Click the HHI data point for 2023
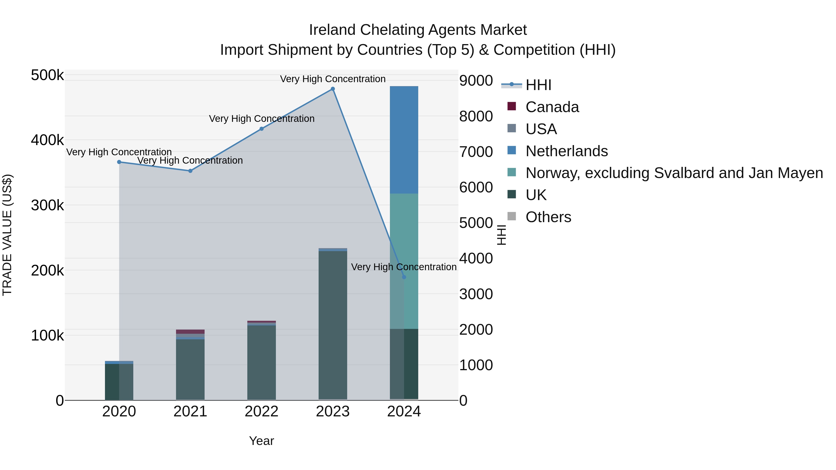click(x=333, y=89)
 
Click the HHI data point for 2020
click(x=119, y=162)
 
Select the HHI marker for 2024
click(x=404, y=277)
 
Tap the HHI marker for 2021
click(x=190, y=171)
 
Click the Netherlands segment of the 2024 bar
click(x=404, y=140)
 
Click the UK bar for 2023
click(x=333, y=324)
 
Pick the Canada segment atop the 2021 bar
click(x=190, y=331)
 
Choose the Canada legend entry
click(x=552, y=107)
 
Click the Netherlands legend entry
click(x=566, y=151)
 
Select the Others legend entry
click(x=548, y=217)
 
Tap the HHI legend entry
click(x=538, y=85)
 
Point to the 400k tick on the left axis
click(x=47, y=140)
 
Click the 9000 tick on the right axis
click(x=476, y=81)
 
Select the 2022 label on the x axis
click(x=261, y=412)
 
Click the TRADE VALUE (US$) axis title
click(x=7, y=235)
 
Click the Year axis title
click(x=261, y=441)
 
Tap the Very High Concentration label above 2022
click(x=261, y=119)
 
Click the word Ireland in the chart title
click(x=332, y=30)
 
